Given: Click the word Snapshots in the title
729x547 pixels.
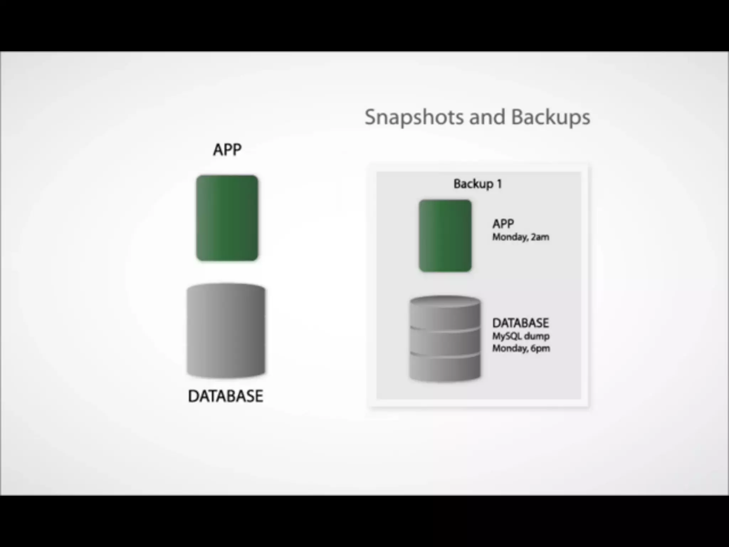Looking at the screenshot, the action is tap(414, 117).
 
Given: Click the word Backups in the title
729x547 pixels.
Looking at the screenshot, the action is tap(551, 117).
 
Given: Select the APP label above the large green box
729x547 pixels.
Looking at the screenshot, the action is tap(227, 150).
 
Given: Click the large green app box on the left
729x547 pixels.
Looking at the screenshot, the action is tap(227, 218).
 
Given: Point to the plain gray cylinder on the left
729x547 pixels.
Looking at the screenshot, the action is tap(226, 330).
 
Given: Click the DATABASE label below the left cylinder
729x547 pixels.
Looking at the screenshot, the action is tap(226, 396).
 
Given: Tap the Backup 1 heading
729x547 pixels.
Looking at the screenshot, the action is tap(478, 184).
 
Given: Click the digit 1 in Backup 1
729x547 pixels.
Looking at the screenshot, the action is tap(499, 184).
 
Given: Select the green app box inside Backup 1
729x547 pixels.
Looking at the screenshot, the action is tap(445, 236).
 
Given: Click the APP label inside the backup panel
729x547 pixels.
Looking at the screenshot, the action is tap(503, 224).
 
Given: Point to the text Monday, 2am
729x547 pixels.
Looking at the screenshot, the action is tap(520, 237).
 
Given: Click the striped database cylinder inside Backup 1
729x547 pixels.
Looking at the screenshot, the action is tap(445, 338).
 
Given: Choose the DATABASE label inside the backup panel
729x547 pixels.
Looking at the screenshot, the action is tap(520, 323).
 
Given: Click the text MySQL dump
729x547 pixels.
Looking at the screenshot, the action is tap(521, 336).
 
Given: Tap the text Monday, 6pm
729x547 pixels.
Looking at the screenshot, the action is tap(521, 348).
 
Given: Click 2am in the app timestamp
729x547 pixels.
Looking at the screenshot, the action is tap(540, 237).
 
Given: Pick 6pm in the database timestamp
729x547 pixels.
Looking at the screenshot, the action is tap(540, 348).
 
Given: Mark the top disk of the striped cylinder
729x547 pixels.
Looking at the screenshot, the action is tap(445, 313).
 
